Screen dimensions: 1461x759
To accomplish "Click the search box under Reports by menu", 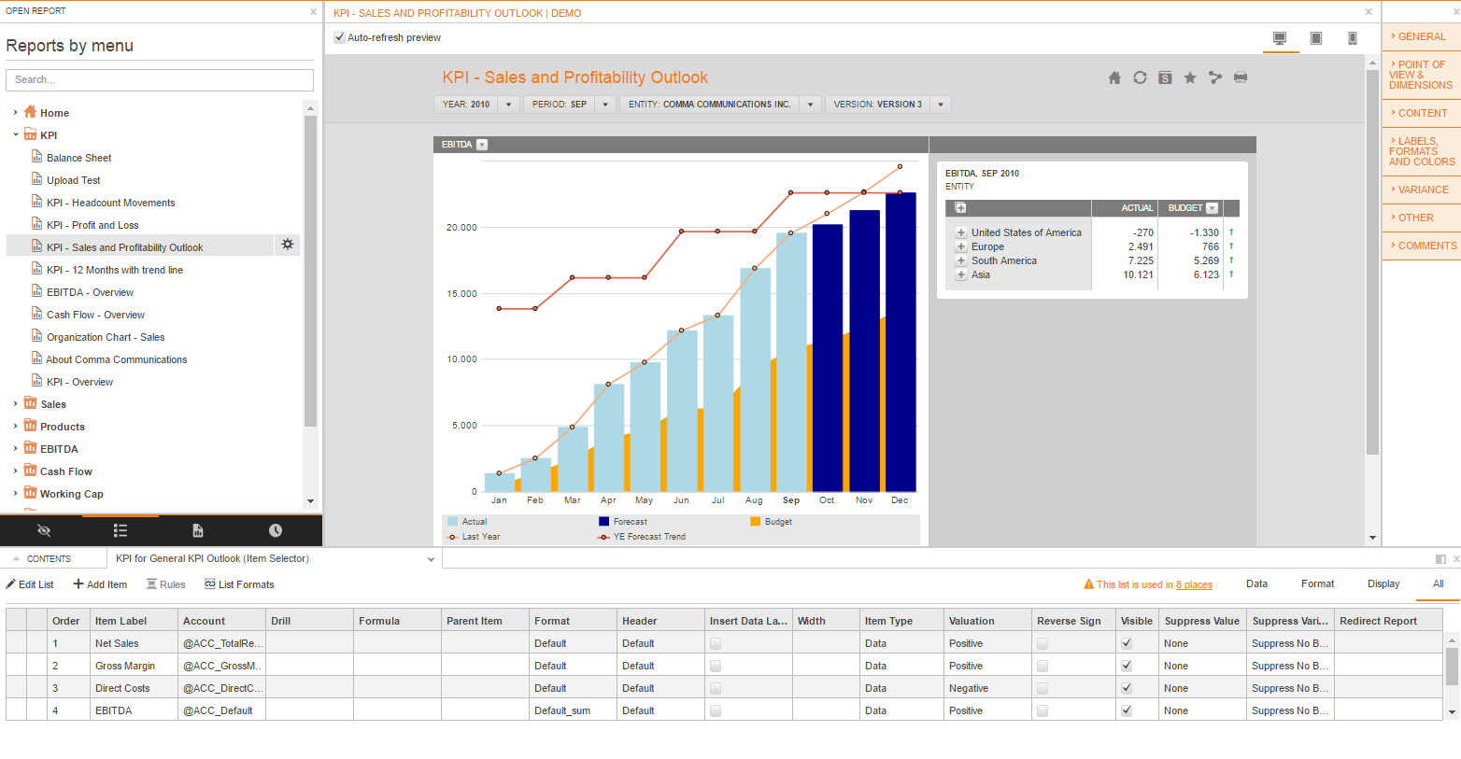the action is point(159,79).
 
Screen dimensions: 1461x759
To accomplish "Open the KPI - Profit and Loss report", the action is point(92,225).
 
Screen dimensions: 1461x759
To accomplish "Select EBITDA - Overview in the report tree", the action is point(90,292).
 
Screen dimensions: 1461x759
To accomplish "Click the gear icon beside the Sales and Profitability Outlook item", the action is point(287,245).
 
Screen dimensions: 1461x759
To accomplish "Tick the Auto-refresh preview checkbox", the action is point(339,38).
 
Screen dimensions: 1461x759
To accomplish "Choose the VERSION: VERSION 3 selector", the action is point(887,105).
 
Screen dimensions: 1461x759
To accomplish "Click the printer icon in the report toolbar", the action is point(1240,77).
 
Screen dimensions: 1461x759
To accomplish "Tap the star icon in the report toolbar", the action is point(1190,77).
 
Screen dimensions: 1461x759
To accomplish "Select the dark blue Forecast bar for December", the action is point(901,342).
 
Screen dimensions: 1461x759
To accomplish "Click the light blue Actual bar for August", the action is point(755,379).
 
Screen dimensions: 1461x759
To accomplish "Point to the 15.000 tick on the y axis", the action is point(461,293).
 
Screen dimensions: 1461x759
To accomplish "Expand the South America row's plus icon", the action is point(960,260).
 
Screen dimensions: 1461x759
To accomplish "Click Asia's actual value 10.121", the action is point(1138,274).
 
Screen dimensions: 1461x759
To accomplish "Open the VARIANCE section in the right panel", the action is point(1422,190).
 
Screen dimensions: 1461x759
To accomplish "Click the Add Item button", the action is point(100,584).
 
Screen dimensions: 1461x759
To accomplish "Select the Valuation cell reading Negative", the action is point(968,688).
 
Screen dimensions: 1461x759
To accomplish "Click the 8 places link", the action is point(1194,584).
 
